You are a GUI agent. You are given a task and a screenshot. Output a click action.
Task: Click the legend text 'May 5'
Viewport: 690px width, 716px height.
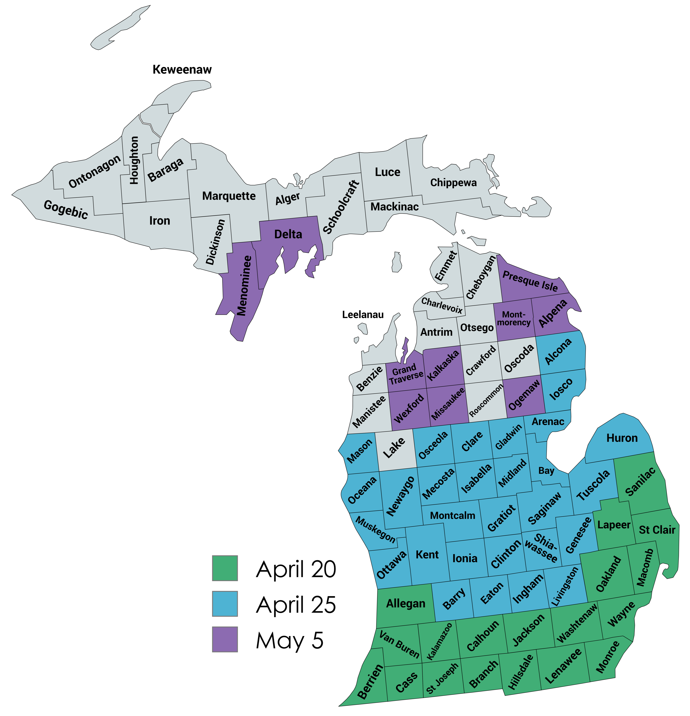290,640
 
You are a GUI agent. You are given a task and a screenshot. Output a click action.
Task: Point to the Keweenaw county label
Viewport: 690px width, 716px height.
182,69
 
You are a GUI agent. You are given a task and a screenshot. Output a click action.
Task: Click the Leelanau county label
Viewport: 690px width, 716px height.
363,315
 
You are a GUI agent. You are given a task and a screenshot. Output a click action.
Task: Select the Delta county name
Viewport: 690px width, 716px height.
288,234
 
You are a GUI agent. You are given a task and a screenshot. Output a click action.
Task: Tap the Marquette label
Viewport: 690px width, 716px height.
229,196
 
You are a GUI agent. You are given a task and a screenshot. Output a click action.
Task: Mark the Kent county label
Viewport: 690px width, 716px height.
427,554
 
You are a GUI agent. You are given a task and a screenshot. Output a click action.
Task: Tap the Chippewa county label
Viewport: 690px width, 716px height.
453,183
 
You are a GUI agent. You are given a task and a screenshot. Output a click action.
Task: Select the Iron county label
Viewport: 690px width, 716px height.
160,221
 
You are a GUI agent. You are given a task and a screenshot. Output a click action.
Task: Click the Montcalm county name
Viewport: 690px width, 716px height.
452,515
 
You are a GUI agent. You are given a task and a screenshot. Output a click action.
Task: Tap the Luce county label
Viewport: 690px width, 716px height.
387,172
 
